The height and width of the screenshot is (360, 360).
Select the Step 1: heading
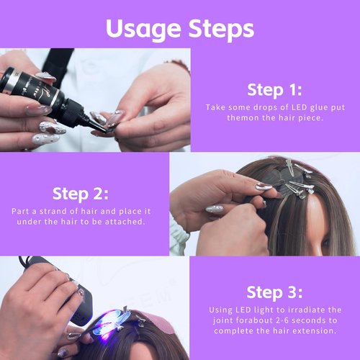[x=274, y=90]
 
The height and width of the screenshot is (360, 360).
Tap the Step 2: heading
[x=80, y=194]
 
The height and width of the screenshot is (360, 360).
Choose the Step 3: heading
[x=274, y=292]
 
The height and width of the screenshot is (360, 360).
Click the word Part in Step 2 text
[x=21, y=211]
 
